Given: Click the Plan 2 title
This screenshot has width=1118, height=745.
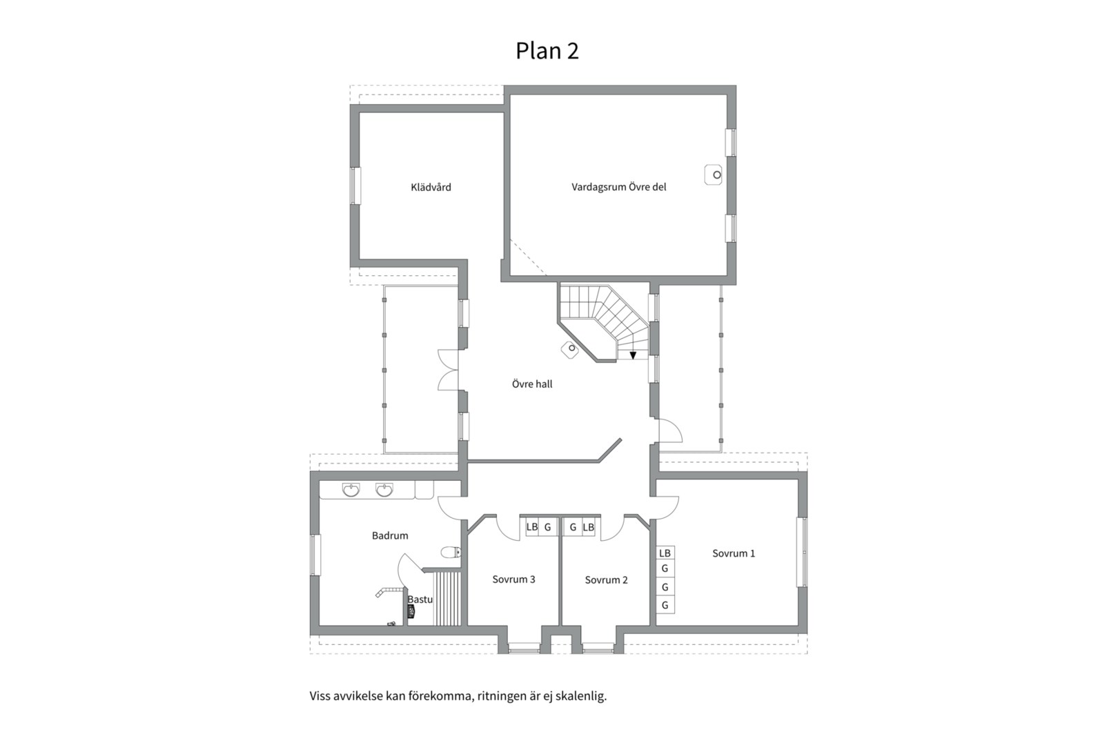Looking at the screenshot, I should coord(547,50).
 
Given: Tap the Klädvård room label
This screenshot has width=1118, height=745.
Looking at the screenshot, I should coord(431,187).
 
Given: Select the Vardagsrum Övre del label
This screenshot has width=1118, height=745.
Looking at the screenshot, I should coord(618,187).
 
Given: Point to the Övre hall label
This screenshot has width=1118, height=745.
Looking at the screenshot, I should coord(532,384).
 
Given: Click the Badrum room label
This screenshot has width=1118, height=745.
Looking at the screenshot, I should coord(390,535).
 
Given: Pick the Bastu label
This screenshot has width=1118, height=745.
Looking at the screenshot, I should coord(420,599).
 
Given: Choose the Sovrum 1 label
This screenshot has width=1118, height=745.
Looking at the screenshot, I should coord(734,553).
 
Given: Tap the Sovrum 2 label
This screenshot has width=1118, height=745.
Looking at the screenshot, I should coord(606,580).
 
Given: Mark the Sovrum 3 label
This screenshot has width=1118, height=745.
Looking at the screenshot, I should coord(513,579).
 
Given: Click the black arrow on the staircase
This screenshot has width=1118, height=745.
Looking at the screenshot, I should coord(633,355).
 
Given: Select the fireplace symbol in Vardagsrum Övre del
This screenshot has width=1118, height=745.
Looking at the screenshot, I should coord(714,175).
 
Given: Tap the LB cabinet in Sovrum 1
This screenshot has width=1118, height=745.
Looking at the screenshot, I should coord(665,553).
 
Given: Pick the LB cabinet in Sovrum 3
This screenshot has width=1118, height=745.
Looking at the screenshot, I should coord(531,527).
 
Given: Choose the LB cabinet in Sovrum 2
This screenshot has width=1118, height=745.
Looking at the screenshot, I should coord(588,527).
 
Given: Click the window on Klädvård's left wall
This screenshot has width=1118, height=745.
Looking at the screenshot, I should coord(355,186).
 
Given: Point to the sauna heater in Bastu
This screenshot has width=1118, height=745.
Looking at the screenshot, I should coord(411,611).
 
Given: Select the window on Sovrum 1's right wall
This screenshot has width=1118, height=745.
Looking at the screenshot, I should coord(802,552).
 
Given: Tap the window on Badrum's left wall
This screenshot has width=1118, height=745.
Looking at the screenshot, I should coord(315,555).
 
